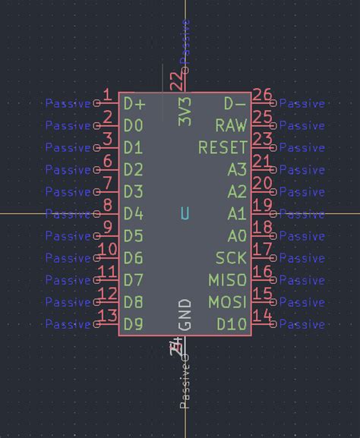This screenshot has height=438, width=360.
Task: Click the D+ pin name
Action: pyautogui.click(x=134, y=103)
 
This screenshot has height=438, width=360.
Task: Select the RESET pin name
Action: pyautogui.click(x=223, y=147)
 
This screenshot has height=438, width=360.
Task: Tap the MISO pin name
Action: pyautogui.click(x=228, y=281)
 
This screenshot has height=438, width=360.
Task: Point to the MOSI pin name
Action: pyautogui.click(x=228, y=303)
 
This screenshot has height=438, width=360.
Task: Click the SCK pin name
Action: pyautogui.click(x=231, y=259)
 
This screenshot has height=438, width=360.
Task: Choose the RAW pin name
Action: pyautogui.click(x=231, y=125)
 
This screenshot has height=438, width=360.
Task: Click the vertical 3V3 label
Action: pyautogui.click(x=185, y=111)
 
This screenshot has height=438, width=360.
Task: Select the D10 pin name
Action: pyautogui.click(x=232, y=325)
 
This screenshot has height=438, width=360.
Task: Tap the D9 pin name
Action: pyautogui.click(x=134, y=325)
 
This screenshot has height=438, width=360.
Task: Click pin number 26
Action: pyautogui.click(x=262, y=96)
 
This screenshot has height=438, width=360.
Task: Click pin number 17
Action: pyautogui.click(x=262, y=250)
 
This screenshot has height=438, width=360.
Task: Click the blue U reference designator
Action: pyautogui.click(x=185, y=214)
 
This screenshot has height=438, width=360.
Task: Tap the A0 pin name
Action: pyautogui.click(x=237, y=236)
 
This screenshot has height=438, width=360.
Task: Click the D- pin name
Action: pyautogui.click(x=235, y=103)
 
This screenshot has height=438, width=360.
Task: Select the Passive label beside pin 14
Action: pyautogui.click(x=302, y=325)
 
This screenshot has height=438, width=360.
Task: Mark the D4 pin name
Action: pyautogui.click(x=134, y=214)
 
